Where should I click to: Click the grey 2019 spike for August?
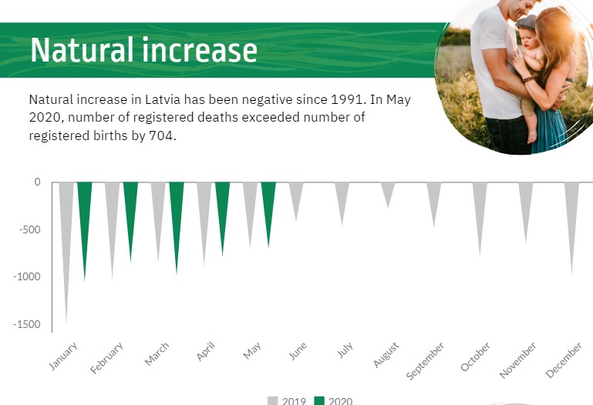point(388,192)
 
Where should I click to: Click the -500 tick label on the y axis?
point(29,229)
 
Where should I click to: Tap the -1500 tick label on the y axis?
point(26,324)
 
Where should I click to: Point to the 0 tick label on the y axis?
point(37,182)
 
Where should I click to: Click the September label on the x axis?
point(425,360)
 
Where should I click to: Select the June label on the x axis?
point(298,351)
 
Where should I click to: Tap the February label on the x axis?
point(106,358)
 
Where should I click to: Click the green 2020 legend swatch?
point(319,401)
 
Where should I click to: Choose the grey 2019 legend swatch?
point(273,401)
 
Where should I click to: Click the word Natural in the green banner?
point(82,50)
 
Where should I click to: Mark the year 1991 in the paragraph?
point(347,99)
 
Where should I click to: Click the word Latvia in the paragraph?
point(163,99)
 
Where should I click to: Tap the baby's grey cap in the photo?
point(527,22)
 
